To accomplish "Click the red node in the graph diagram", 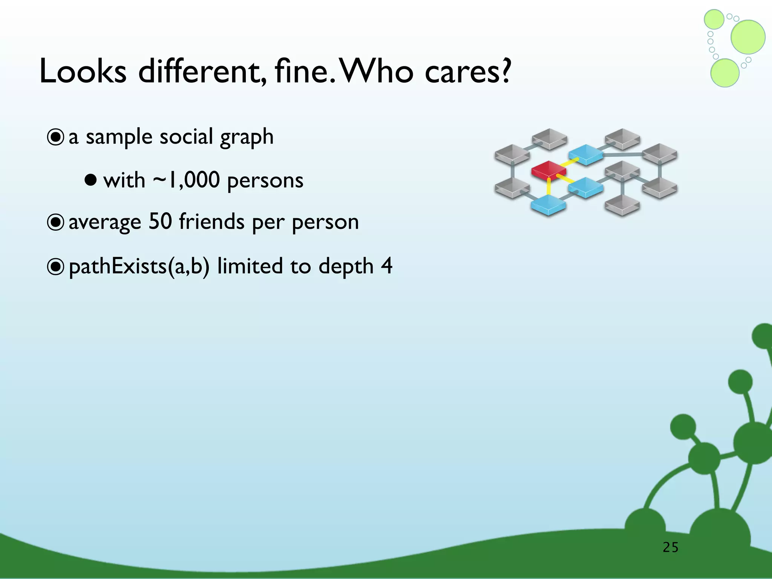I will click(x=548, y=170).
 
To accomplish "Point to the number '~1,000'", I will click(x=186, y=180).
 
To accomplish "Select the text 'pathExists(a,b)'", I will click(x=139, y=266).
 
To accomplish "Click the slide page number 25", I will click(x=671, y=547).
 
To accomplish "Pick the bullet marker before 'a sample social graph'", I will click(x=55, y=137).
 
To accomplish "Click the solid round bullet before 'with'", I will click(x=90, y=180).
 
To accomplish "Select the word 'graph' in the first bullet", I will click(x=247, y=137).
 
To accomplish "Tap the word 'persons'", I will click(x=265, y=181).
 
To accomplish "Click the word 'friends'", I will click(x=211, y=221).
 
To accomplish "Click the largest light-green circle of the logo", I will click(x=748, y=37).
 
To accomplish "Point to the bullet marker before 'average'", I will click(x=55, y=222).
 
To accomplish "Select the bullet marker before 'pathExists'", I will click(x=55, y=267).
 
